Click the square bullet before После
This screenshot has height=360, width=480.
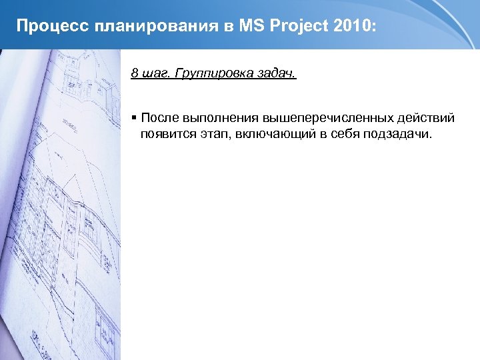134,118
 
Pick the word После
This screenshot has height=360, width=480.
159,119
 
